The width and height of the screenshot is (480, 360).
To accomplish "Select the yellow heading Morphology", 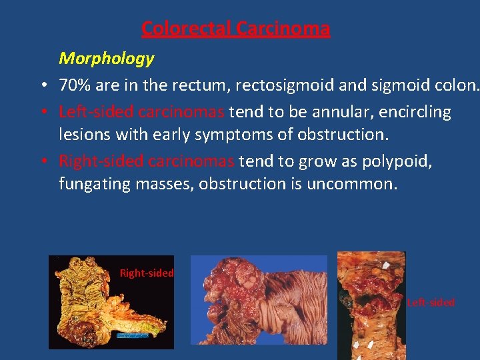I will [x=107, y=59].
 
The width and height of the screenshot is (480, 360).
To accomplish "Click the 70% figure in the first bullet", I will [x=75, y=85].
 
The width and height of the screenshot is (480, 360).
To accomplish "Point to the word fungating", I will [x=88, y=183].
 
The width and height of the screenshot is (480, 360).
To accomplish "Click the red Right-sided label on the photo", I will [x=147, y=273].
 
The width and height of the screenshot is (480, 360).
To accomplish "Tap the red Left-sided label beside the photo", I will [x=431, y=302].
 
